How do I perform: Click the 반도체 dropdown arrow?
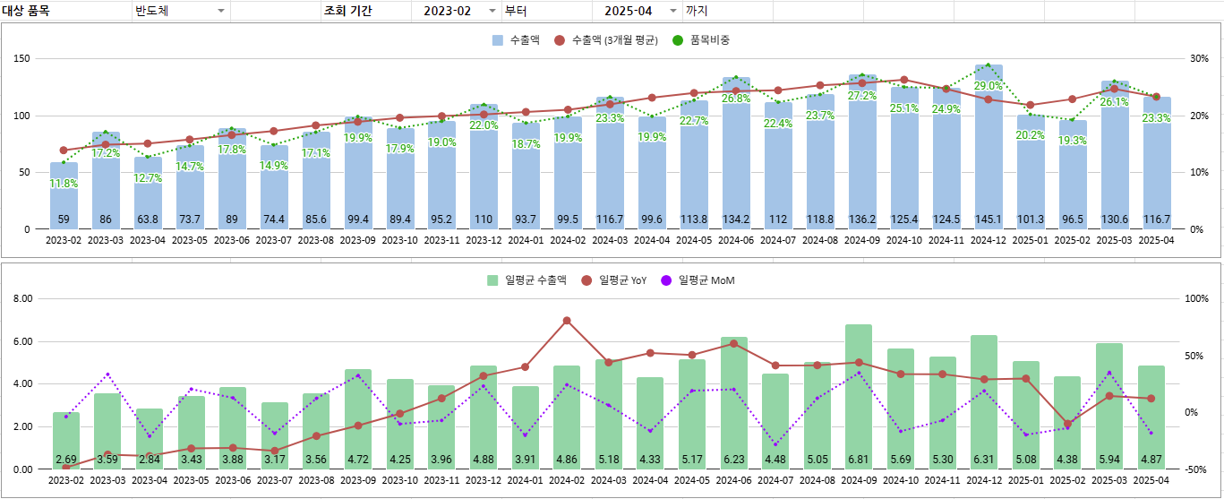pyautogui.click(x=221, y=11)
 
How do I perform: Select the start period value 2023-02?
pyautogui.click(x=447, y=11)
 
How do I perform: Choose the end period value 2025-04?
pyautogui.click(x=628, y=11)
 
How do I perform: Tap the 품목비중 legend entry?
pyautogui.click(x=702, y=40)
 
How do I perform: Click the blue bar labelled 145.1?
pyautogui.click(x=989, y=148)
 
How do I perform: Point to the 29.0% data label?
pyautogui.click(x=989, y=86)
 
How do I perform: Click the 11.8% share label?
pyautogui.click(x=64, y=184)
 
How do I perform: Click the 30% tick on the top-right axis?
pyautogui.click(x=1199, y=59)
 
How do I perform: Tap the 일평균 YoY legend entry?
pyautogui.click(x=615, y=280)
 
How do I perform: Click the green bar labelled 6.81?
pyautogui.click(x=859, y=394)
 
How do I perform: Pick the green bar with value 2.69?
pyautogui.click(x=65, y=439)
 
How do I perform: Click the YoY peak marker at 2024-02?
pyautogui.click(x=567, y=321)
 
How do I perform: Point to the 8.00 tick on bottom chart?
pyautogui.click(x=21, y=299)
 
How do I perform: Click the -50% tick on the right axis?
pyautogui.click(x=1198, y=469)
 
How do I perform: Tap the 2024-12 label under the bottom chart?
pyautogui.click(x=989, y=481)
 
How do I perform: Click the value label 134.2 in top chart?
pyautogui.click(x=736, y=219)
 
